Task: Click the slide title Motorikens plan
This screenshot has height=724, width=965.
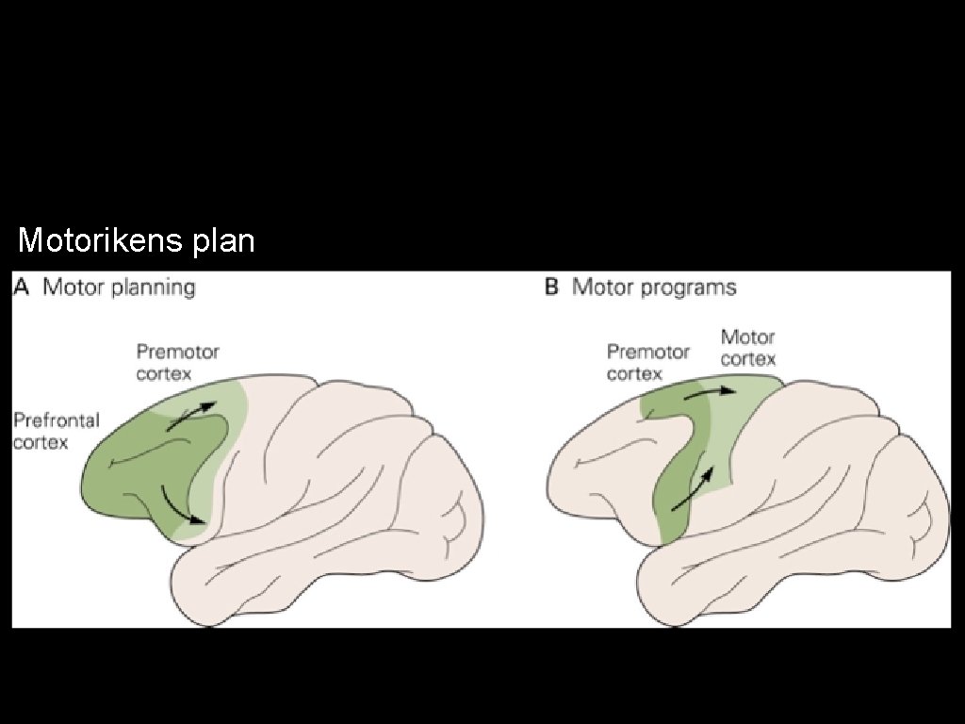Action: (x=137, y=241)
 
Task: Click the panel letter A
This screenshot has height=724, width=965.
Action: (x=22, y=287)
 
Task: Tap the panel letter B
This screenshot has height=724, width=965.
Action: (x=552, y=287)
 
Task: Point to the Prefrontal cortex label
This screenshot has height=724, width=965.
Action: (x=56, y=430)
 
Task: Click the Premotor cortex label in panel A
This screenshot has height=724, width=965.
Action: (x=177, y=363)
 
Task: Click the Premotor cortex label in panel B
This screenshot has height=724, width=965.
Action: (x=647, y=363)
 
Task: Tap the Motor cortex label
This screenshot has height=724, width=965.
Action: (x=748, y=348)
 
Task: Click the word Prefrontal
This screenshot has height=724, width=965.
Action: (x=56, y=420)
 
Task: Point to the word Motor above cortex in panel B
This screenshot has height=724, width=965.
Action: (x=748, y=337)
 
